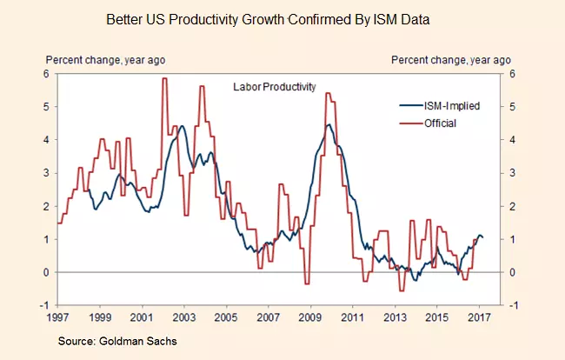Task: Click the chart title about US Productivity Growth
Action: click(x=282, y=17)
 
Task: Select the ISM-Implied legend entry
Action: click(x=444, y=105)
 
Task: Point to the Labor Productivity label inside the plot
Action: click(x=274, y=86)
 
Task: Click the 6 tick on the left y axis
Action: click(x=46, y=74)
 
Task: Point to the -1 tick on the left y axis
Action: click(x=44, y=305)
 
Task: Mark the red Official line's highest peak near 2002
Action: click(x=163, y=79)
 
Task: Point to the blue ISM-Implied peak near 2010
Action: click(x=329, y=124)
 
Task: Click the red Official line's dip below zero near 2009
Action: click(x=307, y=283)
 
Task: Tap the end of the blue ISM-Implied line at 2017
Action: click(x=484, y=238)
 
